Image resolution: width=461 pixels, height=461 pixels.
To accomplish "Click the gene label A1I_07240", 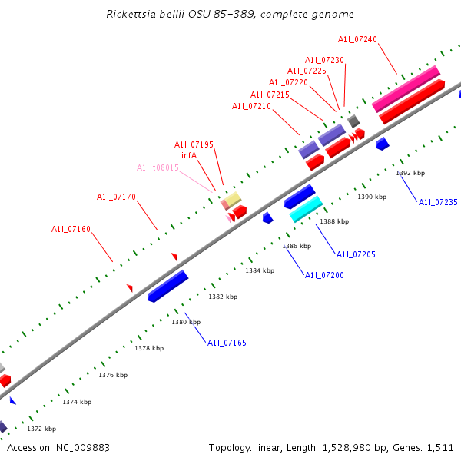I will pos(357,39).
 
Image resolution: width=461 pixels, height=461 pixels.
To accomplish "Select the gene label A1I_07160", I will pos(71,229).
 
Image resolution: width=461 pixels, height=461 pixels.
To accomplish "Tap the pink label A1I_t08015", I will pos(158,167).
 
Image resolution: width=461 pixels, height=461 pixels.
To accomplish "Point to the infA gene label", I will pos(189,155).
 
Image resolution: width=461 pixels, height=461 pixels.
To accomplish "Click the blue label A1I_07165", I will pos(227,343).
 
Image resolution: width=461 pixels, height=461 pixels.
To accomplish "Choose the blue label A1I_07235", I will pos(438,202).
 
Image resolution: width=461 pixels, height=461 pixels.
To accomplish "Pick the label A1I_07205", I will pos(356,254).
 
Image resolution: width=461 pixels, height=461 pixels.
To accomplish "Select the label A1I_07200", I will pos(324,275).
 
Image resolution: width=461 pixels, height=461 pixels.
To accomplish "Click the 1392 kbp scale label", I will pos(410,173).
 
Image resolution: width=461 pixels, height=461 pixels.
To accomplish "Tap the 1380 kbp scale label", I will pos(186,322).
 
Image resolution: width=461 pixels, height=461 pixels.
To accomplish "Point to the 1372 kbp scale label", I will pos(41,429).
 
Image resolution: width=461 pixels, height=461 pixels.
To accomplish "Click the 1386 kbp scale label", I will pos(297,246).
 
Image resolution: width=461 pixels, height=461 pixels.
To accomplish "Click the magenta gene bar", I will pos(406,88).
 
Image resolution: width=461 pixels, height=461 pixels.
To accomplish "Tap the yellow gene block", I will pos(233,199).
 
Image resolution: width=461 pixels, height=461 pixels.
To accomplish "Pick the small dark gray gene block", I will pos(353,121).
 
